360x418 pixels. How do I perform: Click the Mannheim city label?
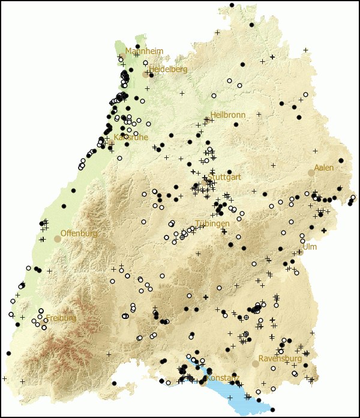[144, 51]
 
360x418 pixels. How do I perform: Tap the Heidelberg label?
[169, 69]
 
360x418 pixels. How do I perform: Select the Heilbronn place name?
[228, 115]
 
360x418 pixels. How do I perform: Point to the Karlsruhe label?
[131, 137]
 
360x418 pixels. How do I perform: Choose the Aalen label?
[324, 168]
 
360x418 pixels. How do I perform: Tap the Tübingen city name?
[212, 223]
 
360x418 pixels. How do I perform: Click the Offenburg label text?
[79, 233]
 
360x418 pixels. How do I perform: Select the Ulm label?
[310, 247]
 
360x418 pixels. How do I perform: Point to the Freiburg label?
[61, 318]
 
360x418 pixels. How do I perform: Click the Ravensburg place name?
[280, 359]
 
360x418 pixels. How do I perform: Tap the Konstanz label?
[223, 378]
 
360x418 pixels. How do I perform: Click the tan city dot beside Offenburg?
[58, 238]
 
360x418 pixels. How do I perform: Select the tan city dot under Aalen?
[311, 173]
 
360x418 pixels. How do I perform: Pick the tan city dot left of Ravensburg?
[256, 363]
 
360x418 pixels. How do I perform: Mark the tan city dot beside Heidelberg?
[145, 74]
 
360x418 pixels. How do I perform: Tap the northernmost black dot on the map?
[232, 5]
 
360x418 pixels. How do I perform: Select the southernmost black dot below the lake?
[273, 410]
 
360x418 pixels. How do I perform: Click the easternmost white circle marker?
[353, 198]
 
